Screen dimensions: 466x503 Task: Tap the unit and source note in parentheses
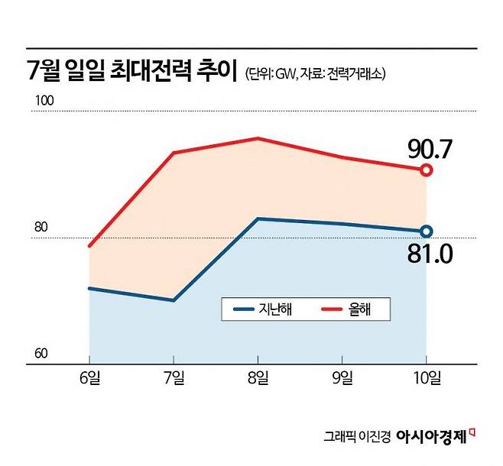315,75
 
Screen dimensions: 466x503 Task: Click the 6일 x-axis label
89,377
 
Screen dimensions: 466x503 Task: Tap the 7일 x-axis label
174,377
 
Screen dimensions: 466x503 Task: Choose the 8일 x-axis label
258,377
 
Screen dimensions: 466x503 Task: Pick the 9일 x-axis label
342,377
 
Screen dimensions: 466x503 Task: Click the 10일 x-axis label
426,377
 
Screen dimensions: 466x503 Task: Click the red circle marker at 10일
427,170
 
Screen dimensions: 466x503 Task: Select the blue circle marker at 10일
427,231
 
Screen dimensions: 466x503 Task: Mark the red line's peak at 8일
258,138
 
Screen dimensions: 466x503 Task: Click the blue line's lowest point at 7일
174,300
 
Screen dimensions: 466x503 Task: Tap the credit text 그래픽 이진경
358,438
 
